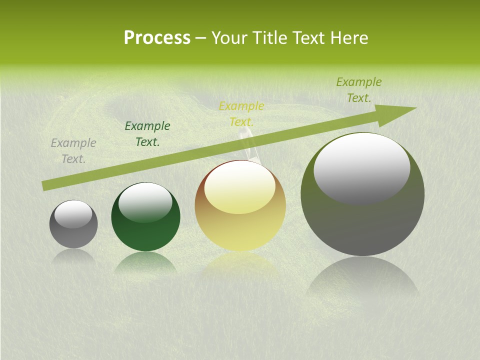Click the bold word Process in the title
click(157, 37)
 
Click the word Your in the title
click(230, 38)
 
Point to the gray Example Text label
click(73, 151)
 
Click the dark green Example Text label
click(147, 133)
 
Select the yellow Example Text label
click(241, 113)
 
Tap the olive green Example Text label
click(359, 90)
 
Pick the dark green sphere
click(145, 230)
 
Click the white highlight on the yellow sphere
click(239, 187)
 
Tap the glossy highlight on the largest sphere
click(362, 167)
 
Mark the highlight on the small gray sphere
click(73, 214)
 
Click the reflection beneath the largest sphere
click(362, 280)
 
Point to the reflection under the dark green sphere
click(145, 263)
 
